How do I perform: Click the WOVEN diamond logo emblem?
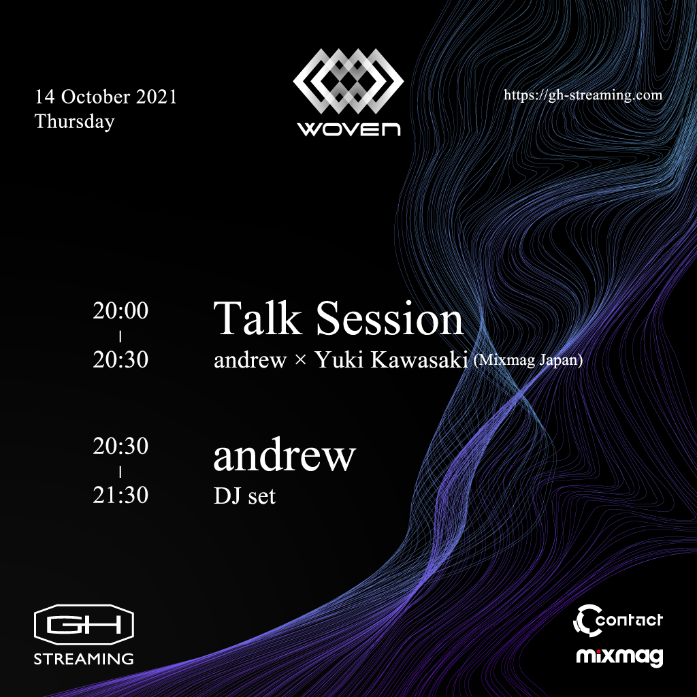[348, 81]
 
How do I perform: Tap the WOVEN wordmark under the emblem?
[349, 129]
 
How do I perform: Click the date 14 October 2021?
[106, 97]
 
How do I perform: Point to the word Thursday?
[75, 121]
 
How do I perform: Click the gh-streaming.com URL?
[583, 95]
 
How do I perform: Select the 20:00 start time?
[120, 310]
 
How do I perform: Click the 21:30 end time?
[120, 495]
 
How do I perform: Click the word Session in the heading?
[390, 318]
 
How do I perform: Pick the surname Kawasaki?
[419, 359]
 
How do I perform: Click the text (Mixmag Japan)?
[528, 359]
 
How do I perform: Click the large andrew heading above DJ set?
[285, 455]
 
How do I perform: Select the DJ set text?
[244, 496]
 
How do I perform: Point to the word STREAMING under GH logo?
[84, 659]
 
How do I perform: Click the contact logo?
[618, 621]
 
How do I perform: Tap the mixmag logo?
[619, 657]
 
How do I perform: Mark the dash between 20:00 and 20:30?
[120, 337]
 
